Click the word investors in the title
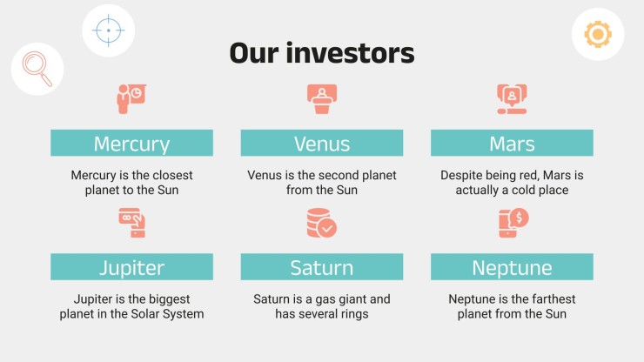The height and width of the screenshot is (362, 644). [350, 53]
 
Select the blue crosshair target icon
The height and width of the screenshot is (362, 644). [109, 30]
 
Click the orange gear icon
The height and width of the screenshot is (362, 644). [598, 34]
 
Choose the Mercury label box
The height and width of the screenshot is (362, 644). [131, 143]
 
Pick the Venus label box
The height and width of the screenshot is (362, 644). [322, 143]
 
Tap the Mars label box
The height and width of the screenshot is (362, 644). [512, 143]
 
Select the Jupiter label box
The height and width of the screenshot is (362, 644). [131, 267]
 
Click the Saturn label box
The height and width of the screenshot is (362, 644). [322, 267]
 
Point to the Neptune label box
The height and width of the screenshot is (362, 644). [512, 267]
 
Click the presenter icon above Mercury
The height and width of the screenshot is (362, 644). [131, 99]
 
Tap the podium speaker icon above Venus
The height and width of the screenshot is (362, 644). [322, 99]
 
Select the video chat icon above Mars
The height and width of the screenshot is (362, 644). [512, 99]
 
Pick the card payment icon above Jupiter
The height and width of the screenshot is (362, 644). [131, 223]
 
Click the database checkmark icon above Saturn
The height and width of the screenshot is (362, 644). [322, 223]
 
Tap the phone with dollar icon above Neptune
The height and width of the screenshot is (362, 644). [513, 223]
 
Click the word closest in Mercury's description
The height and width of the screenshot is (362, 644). [171, 176]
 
